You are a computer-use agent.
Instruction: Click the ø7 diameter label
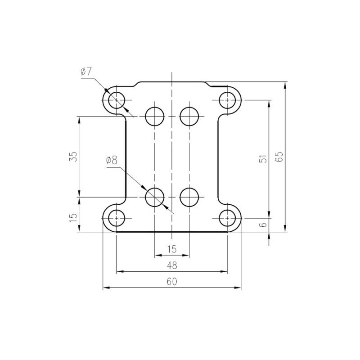(86, 72)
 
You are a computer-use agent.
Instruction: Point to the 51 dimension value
(264, 158)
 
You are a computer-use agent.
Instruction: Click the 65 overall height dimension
(280, 157)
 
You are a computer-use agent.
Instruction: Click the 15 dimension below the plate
(172, 249)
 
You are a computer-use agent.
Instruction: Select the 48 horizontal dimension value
(172, 265)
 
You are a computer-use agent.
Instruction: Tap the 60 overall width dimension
(172, 282)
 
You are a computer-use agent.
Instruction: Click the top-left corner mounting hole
(117, 100)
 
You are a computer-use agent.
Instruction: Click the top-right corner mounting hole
(227, 100)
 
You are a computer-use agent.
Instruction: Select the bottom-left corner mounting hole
(117, 218)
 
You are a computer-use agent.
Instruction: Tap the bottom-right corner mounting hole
(227, 218)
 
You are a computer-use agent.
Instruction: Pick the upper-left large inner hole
(155, 117)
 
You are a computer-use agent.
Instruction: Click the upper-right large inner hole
(189, 117)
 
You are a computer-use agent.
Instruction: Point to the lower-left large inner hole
(155, 197)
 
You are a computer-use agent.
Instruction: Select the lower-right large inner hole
(189, 197)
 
